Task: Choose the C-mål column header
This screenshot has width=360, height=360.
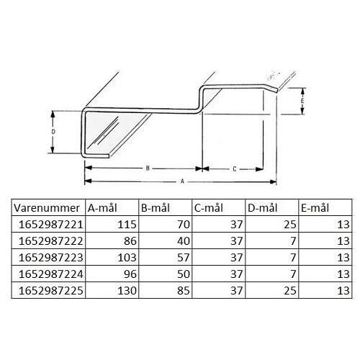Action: [x=210, y=208]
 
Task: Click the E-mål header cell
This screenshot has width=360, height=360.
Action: [x=315, y=208]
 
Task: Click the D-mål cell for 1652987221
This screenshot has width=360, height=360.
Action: [x=289, y=225]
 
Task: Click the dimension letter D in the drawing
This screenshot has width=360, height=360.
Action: [x=54, y=132]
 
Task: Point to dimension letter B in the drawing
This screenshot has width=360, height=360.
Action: [x=147, y=168]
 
